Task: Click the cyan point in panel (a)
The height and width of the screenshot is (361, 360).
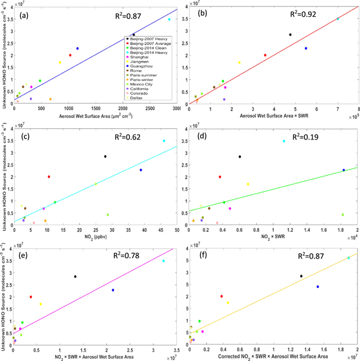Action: [169, 19]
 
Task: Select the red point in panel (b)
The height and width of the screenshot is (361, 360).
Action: [265, 55]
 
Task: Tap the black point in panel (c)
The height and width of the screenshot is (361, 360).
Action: [105, 156]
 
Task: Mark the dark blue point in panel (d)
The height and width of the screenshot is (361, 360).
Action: [344, 170]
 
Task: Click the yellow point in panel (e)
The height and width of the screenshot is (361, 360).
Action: [41, 304]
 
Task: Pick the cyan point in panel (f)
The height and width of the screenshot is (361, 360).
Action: [349, 258]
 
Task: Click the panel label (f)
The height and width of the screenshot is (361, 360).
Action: [202, 251]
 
